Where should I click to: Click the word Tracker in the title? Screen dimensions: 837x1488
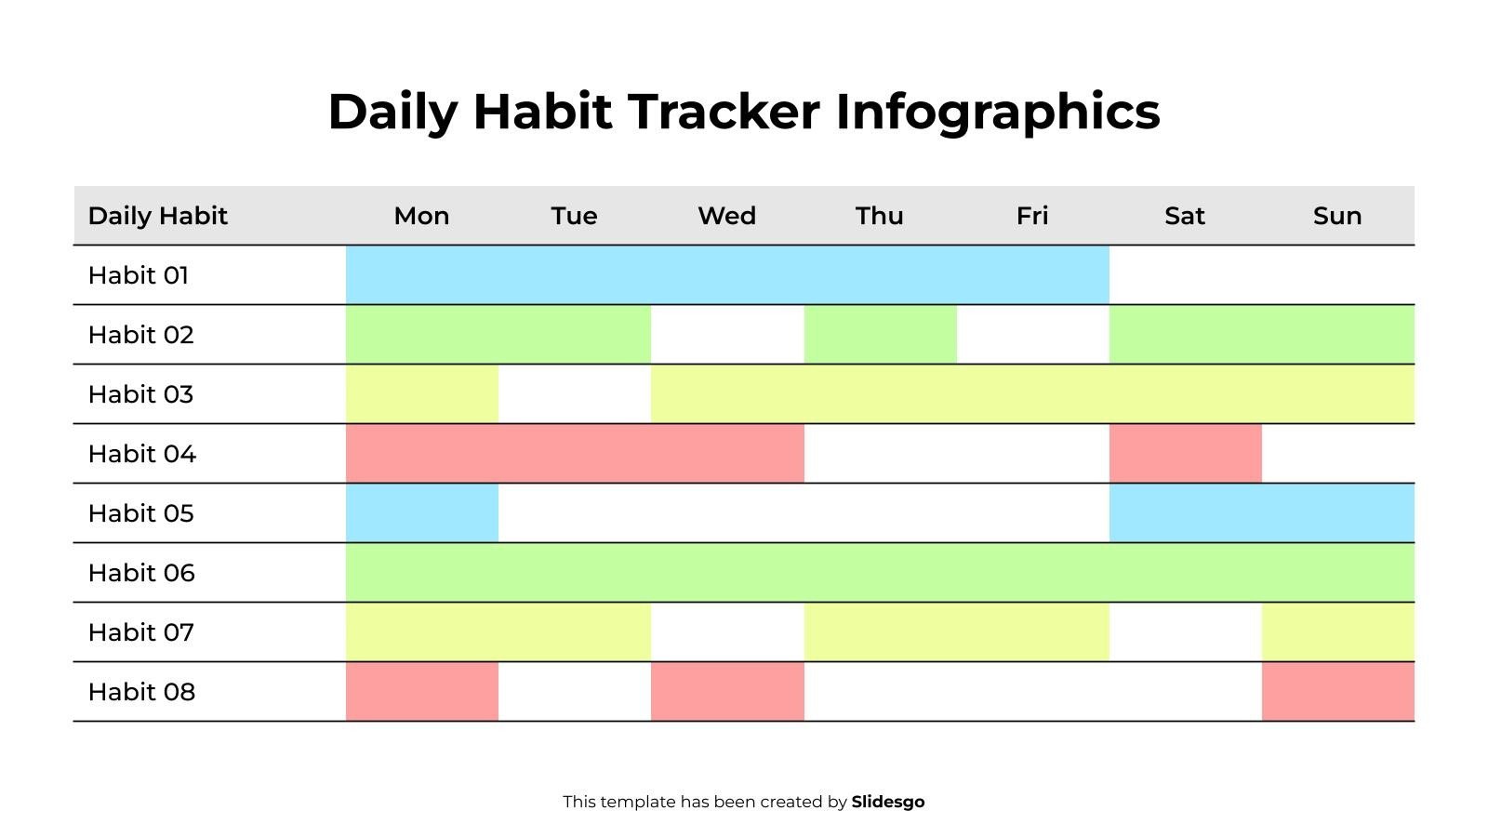723,112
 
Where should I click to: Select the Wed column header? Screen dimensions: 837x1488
726,216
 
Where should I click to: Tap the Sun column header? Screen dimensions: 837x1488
1336,216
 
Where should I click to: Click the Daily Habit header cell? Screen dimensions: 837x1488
157,216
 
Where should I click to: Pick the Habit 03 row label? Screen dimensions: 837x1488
140,394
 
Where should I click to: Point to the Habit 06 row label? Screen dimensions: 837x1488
141,573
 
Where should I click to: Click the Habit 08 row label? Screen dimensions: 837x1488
141,692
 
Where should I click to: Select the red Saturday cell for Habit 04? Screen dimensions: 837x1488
1185,454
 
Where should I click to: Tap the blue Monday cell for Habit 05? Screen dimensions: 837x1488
421,513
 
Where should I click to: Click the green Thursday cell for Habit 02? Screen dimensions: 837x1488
880,335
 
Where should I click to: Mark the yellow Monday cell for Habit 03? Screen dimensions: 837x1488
421,394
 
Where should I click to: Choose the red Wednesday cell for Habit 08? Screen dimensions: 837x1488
726,692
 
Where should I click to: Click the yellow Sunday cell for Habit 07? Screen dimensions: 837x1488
1337,632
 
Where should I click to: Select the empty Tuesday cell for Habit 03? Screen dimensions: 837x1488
574,394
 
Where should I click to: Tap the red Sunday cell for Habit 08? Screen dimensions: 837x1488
1337,692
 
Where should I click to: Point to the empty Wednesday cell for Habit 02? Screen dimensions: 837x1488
726,335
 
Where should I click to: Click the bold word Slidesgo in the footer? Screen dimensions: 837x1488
887,802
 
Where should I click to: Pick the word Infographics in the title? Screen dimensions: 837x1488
997,112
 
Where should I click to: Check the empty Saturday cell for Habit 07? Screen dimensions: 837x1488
1185,632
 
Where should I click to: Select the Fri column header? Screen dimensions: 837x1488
1031,216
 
